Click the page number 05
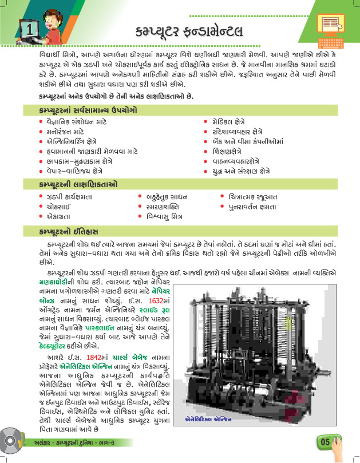pos(325,442)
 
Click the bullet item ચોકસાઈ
pos(58,207)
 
